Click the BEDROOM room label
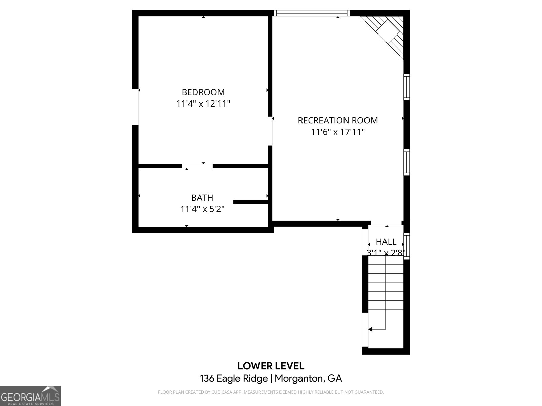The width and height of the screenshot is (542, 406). coord(203,92)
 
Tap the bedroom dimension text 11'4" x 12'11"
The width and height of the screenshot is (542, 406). coord(203,104)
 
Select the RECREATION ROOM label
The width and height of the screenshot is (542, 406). coord(338,120)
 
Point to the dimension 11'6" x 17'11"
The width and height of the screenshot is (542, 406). coord(338,132)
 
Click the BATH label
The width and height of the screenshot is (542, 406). coord(202,198)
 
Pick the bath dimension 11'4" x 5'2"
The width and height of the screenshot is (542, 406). coord(202,209)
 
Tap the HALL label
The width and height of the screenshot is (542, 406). coord(386,242)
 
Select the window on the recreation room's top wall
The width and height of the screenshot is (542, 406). coord(311,13)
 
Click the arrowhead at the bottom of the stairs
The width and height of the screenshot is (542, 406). coord(370,329)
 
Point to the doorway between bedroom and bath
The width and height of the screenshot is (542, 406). coord(197,166)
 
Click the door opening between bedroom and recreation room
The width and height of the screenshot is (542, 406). coord(270,131)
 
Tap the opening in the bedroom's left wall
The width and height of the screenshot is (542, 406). coord(135,107)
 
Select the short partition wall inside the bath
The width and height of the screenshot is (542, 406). coord(251,202)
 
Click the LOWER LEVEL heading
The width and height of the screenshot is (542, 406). coord(271,366)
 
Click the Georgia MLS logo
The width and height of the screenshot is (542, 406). coord(30,396)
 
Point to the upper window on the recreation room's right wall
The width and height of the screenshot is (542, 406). coord(406,87)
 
